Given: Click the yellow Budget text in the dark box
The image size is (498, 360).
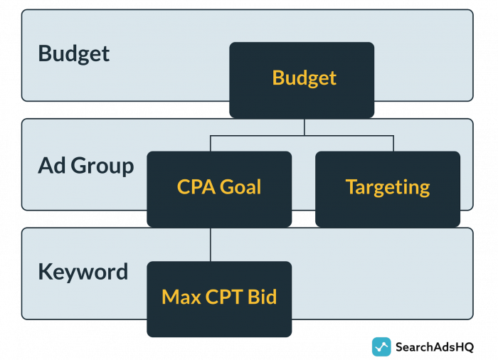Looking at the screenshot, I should click(x=304, y=78).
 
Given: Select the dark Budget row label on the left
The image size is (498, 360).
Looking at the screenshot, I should click(x=74, y=53).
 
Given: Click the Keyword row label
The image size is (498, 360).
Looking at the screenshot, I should click(x=83, y=272).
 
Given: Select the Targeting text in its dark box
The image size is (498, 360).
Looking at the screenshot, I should click(x=388, y=187).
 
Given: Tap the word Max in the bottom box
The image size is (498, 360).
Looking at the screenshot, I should click(x=181, y=297).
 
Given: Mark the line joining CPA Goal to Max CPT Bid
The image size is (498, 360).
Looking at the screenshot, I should click(x=211, y=244).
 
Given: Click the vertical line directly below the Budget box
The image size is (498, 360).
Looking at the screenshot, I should click(x=304, y=126).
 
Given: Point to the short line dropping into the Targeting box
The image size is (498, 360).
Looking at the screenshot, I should click(x=393, y=143).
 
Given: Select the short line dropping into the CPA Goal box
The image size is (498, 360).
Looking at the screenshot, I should click(x=211, y=143).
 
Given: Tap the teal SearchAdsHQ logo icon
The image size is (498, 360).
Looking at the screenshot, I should click(x=381, y=346).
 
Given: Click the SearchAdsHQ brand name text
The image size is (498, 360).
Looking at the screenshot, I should click(x=435, y=346).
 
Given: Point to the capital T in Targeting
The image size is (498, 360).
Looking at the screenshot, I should click(x=351, y=187).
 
